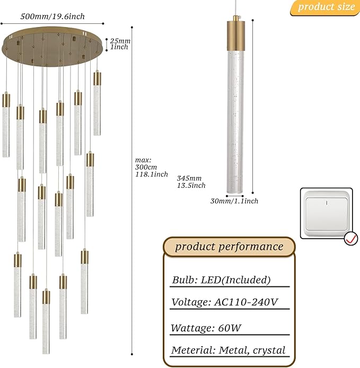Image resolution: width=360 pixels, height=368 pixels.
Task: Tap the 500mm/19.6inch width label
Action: (52, 16)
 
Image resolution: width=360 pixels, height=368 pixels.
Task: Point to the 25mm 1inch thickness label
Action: (120, 44)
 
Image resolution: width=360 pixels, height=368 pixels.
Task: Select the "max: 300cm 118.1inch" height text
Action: (151, 167)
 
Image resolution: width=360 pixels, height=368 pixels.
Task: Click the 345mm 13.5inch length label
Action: (191, 182)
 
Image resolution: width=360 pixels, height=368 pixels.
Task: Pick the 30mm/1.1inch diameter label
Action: (234, 201)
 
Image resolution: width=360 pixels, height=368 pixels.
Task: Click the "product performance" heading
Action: (229, 247)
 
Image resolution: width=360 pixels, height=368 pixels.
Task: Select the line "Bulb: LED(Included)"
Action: (221, 280)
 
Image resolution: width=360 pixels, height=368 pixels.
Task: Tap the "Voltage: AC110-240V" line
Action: (225, 302)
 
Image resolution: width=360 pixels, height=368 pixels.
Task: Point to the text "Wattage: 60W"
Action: (206, 328)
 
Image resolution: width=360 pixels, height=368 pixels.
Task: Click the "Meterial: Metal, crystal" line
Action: (229, 350)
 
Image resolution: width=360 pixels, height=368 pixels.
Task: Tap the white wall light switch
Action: (327, 213)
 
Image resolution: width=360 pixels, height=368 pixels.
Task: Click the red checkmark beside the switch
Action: (351, 239)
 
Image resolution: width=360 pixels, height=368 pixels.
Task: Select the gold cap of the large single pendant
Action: (235, 35)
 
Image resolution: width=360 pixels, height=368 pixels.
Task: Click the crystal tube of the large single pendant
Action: (235, 122)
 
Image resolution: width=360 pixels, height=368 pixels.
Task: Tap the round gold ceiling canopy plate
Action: (52, 47)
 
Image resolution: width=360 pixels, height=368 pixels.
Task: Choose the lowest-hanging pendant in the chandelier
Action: (46, 321)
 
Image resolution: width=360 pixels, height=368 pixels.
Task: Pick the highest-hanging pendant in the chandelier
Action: (97, 103)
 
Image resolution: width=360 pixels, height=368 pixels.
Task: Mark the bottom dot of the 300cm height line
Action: (132, 354)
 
